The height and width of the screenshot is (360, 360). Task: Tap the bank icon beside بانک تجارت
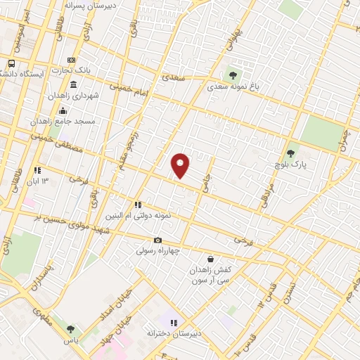[x=70, y=61]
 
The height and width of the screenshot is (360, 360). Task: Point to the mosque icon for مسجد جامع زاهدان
[x=63, y=110]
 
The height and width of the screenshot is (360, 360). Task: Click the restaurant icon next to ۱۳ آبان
[x=37, y=170]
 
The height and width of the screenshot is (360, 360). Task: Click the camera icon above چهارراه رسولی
[x=157, y=240]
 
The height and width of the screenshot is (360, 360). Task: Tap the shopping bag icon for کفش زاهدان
[x=210, y=259]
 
